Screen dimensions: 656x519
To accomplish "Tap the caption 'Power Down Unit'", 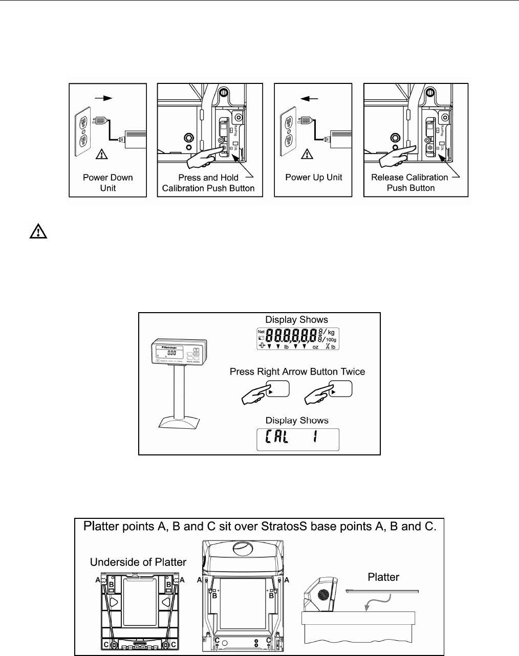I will [x=108, y=183].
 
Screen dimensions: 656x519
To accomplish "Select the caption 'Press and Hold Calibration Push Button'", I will [x=208, y=183].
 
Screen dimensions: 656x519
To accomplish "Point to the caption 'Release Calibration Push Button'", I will [x=410, y=183].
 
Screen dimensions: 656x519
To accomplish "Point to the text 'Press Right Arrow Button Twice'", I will [x=297, y=371].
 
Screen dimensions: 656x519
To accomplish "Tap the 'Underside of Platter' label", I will [x=138, y=562].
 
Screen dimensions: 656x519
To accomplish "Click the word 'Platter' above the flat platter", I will [x=383, y=577].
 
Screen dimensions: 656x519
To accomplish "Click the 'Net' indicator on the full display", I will [x=261, y=332].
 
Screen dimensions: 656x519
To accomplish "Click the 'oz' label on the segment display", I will [x=316, y=346].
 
